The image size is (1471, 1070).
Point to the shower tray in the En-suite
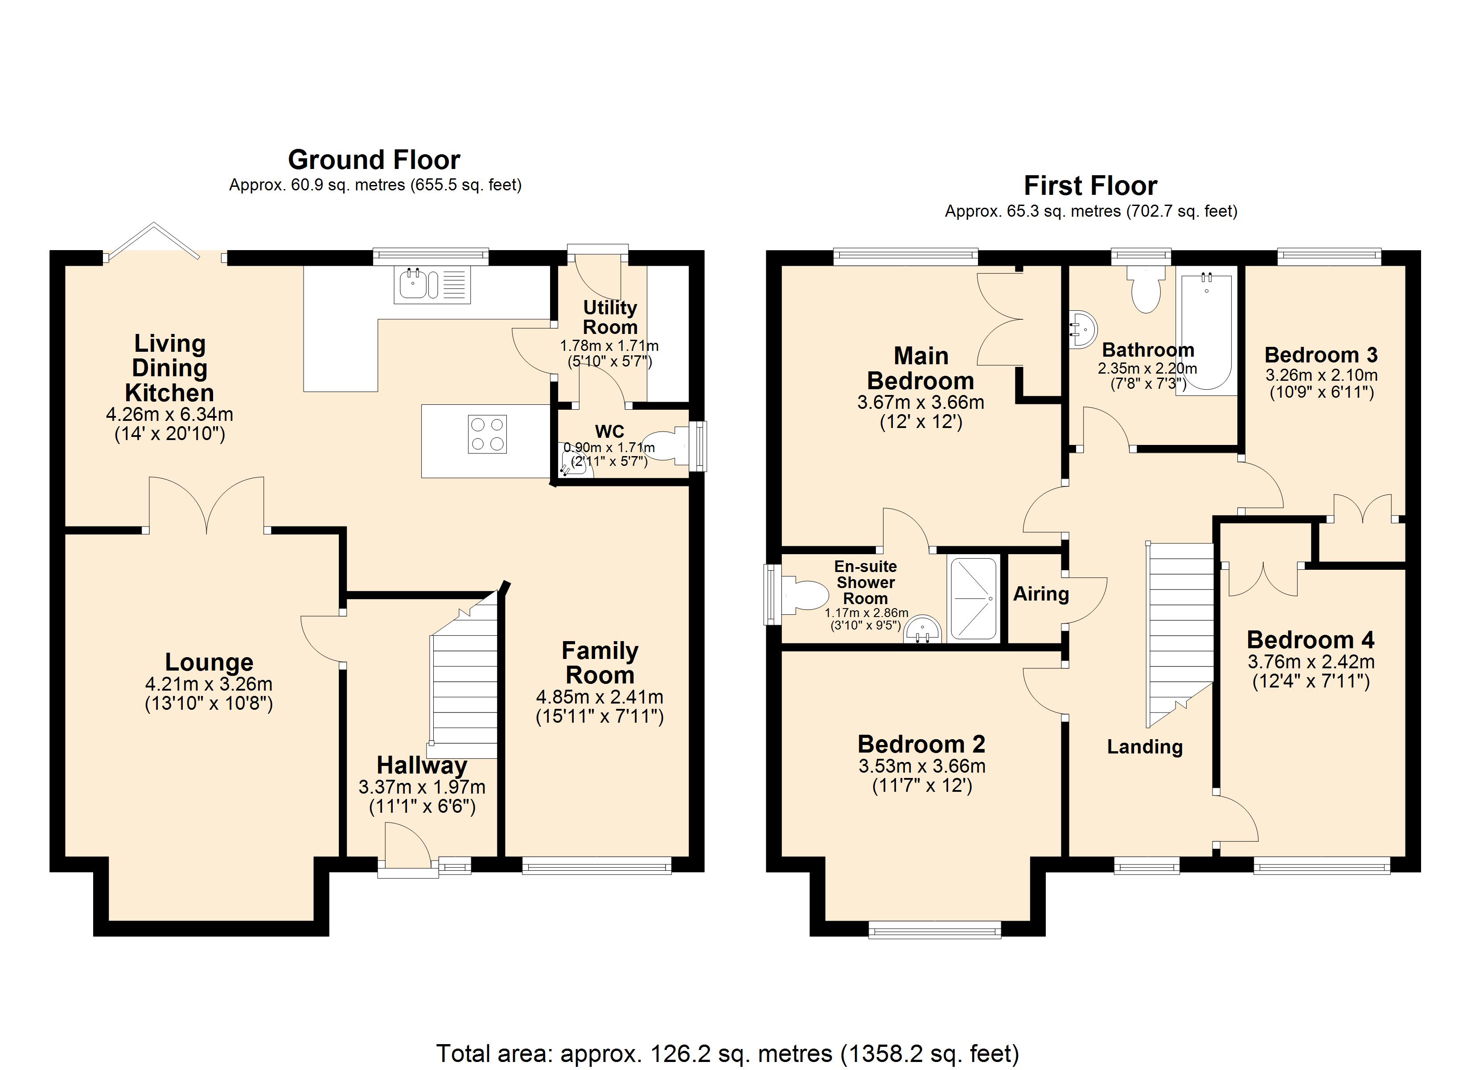tap(973, 598)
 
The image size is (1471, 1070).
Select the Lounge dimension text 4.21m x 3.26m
tap(208, 684)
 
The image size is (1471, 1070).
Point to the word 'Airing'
tap(1040, 594)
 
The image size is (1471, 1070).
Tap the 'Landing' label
tap(1144, 747)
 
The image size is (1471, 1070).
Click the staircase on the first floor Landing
tap(1180, 630)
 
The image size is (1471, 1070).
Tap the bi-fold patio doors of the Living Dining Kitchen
tap(154, 241)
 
